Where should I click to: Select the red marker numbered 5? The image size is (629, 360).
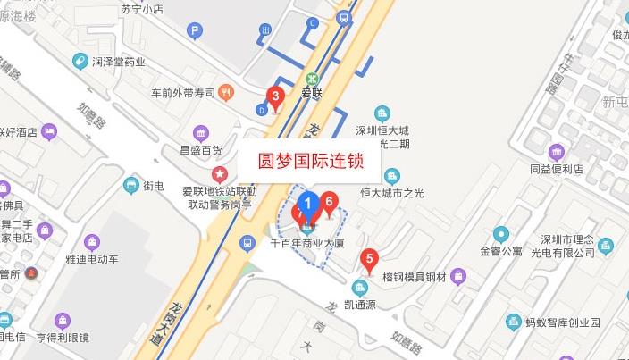367,261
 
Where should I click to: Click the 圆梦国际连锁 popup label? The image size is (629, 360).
310,163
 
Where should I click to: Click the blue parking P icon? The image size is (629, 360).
194,30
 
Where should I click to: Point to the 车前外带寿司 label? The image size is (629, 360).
183,91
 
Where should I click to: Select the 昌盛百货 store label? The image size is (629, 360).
201,150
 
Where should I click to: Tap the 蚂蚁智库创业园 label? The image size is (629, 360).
565,322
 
